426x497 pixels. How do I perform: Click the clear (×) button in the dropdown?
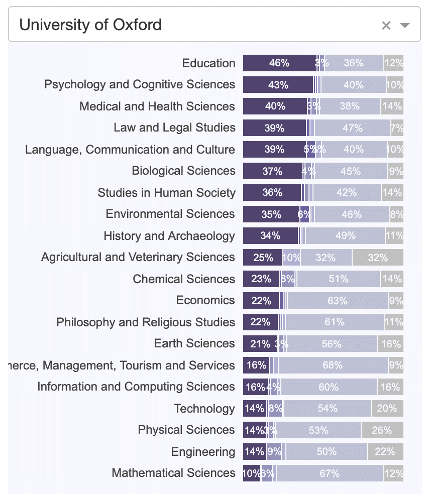pos(386,26)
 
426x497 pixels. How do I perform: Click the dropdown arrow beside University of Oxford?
pos(405,26)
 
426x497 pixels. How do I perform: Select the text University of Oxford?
pos(90,25)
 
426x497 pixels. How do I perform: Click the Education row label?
pos(208,63)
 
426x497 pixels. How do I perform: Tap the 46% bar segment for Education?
pos(279,63)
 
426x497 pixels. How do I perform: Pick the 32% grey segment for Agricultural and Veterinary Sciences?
pos(377,258)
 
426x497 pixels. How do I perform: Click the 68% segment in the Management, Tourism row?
pos(333,365)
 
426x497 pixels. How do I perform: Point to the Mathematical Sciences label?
pos(173,473)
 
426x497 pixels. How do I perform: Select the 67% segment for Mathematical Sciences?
pos(330,473)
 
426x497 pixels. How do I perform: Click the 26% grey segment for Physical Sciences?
pos(382,430)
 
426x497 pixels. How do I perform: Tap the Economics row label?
pos(205,300)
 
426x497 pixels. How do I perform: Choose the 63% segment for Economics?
pos(338,301)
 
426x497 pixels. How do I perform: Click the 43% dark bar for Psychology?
pos(278,85)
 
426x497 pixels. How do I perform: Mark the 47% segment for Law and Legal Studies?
pos(352,128)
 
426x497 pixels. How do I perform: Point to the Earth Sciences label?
pos(194,343)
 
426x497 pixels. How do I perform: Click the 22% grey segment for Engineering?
pos(385,452)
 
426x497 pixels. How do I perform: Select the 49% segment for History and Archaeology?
pos(345,236)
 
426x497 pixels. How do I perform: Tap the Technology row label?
pos(204,409)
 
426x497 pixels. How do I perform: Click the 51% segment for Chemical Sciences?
pos(338,279)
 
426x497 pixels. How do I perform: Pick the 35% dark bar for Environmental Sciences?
pos(271,214)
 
